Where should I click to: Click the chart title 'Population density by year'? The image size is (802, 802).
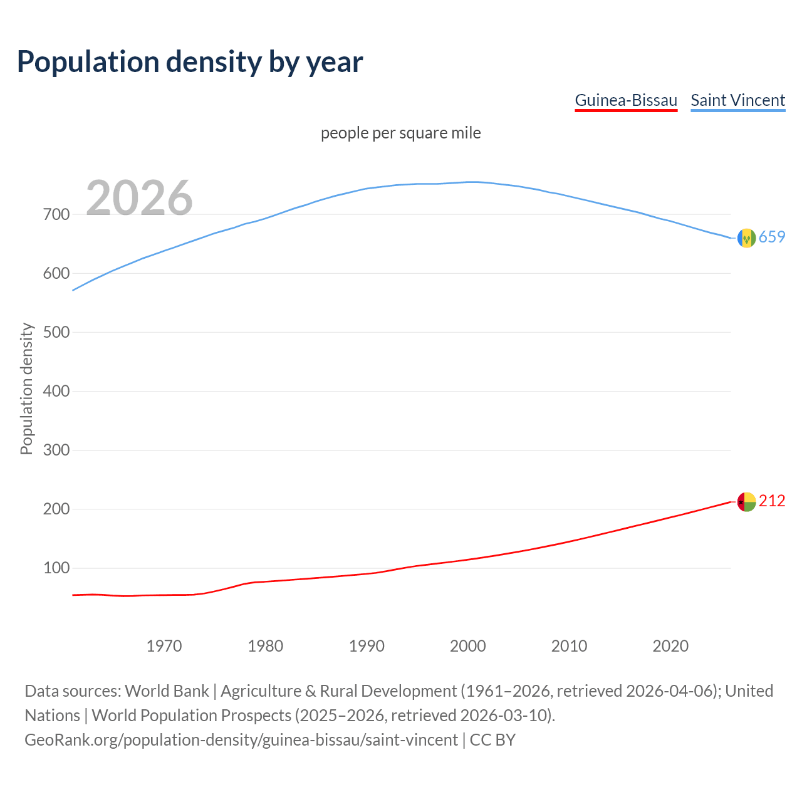(190, 62)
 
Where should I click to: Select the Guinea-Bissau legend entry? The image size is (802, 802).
(626, 100)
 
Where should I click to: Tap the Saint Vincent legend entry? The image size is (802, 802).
(737, 100)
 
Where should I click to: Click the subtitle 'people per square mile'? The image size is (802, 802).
(401, 133)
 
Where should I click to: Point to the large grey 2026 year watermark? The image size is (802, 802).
(139, 198)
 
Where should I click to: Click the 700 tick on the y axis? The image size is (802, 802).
(56, 214)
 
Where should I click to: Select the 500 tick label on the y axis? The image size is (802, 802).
(56, 332)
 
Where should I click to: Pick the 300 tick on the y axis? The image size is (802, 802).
(56, 450)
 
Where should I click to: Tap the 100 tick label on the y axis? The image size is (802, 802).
(56, 568)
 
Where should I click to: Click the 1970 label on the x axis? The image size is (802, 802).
(164, 646)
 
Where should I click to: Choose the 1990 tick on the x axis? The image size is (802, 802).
(367, 646)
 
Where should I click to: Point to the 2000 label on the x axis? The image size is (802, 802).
(468, 646)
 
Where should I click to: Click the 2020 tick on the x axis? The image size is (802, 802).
(670, 646)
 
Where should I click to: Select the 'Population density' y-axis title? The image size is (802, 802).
(26, 388)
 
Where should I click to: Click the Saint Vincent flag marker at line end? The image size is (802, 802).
(746, 238)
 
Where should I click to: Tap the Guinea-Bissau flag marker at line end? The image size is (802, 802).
(746, 502)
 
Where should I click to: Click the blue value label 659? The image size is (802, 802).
(772, 237)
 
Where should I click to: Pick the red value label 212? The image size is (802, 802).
(772, 501)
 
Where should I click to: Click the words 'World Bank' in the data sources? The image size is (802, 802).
(167, 691)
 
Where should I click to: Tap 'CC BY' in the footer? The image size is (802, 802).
(492, 740)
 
